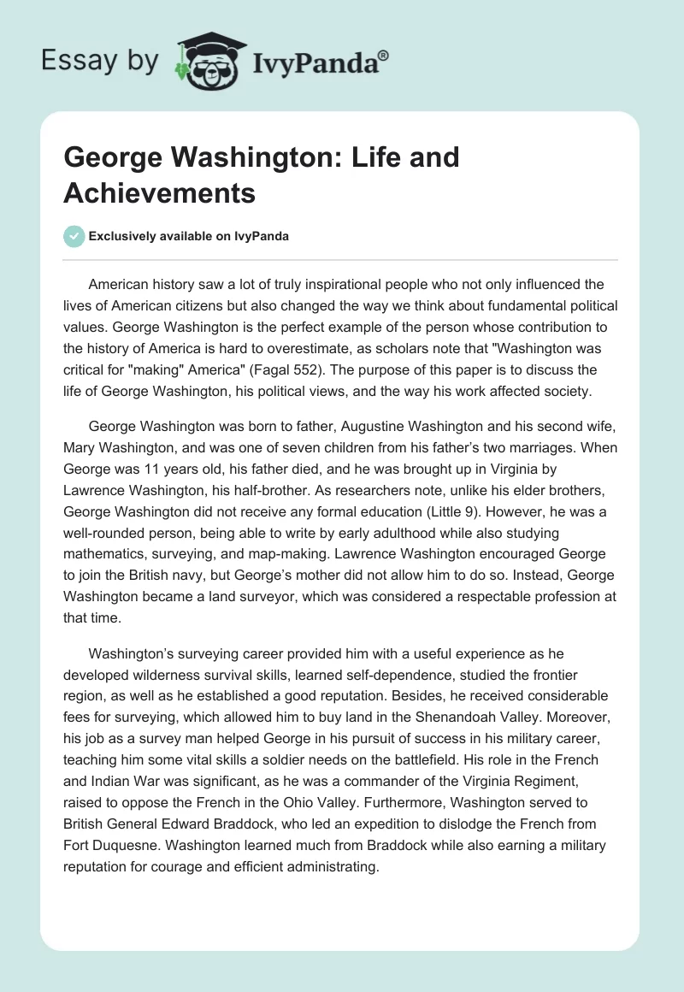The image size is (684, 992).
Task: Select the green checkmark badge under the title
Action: (x=74, y=236)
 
